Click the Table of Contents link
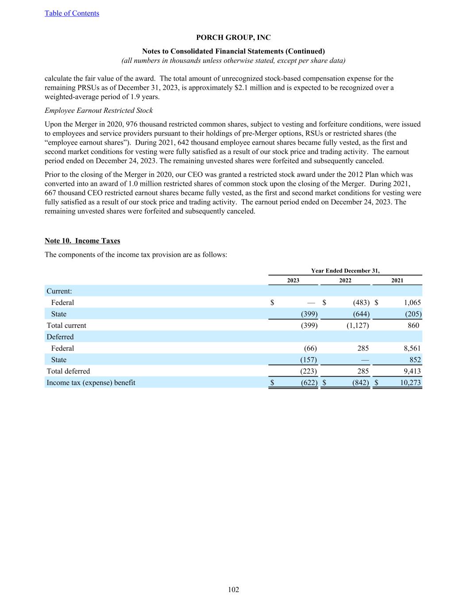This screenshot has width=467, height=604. pos(72,13)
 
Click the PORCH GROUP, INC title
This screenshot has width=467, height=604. pos(233,38)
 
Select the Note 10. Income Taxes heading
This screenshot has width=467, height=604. pos(82,241)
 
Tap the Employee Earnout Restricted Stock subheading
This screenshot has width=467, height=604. pos(99,111)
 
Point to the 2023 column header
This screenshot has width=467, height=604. pos(293,280)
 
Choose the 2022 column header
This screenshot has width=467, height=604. pos(345,280)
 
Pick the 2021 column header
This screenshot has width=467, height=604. pos(397,280)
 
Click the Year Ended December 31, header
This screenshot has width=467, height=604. pos(345,271)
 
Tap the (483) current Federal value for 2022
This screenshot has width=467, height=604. pos(361,303)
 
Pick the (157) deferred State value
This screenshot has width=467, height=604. pos(309,360)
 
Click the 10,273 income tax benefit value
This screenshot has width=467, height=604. pos(410,383)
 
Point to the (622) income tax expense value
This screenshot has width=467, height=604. pos(309,383)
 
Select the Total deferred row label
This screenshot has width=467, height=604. pos(68,371)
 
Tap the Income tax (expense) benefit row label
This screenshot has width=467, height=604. pos(91,383)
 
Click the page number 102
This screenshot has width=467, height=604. pos(233,589)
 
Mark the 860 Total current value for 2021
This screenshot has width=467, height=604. pos(413,326)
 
